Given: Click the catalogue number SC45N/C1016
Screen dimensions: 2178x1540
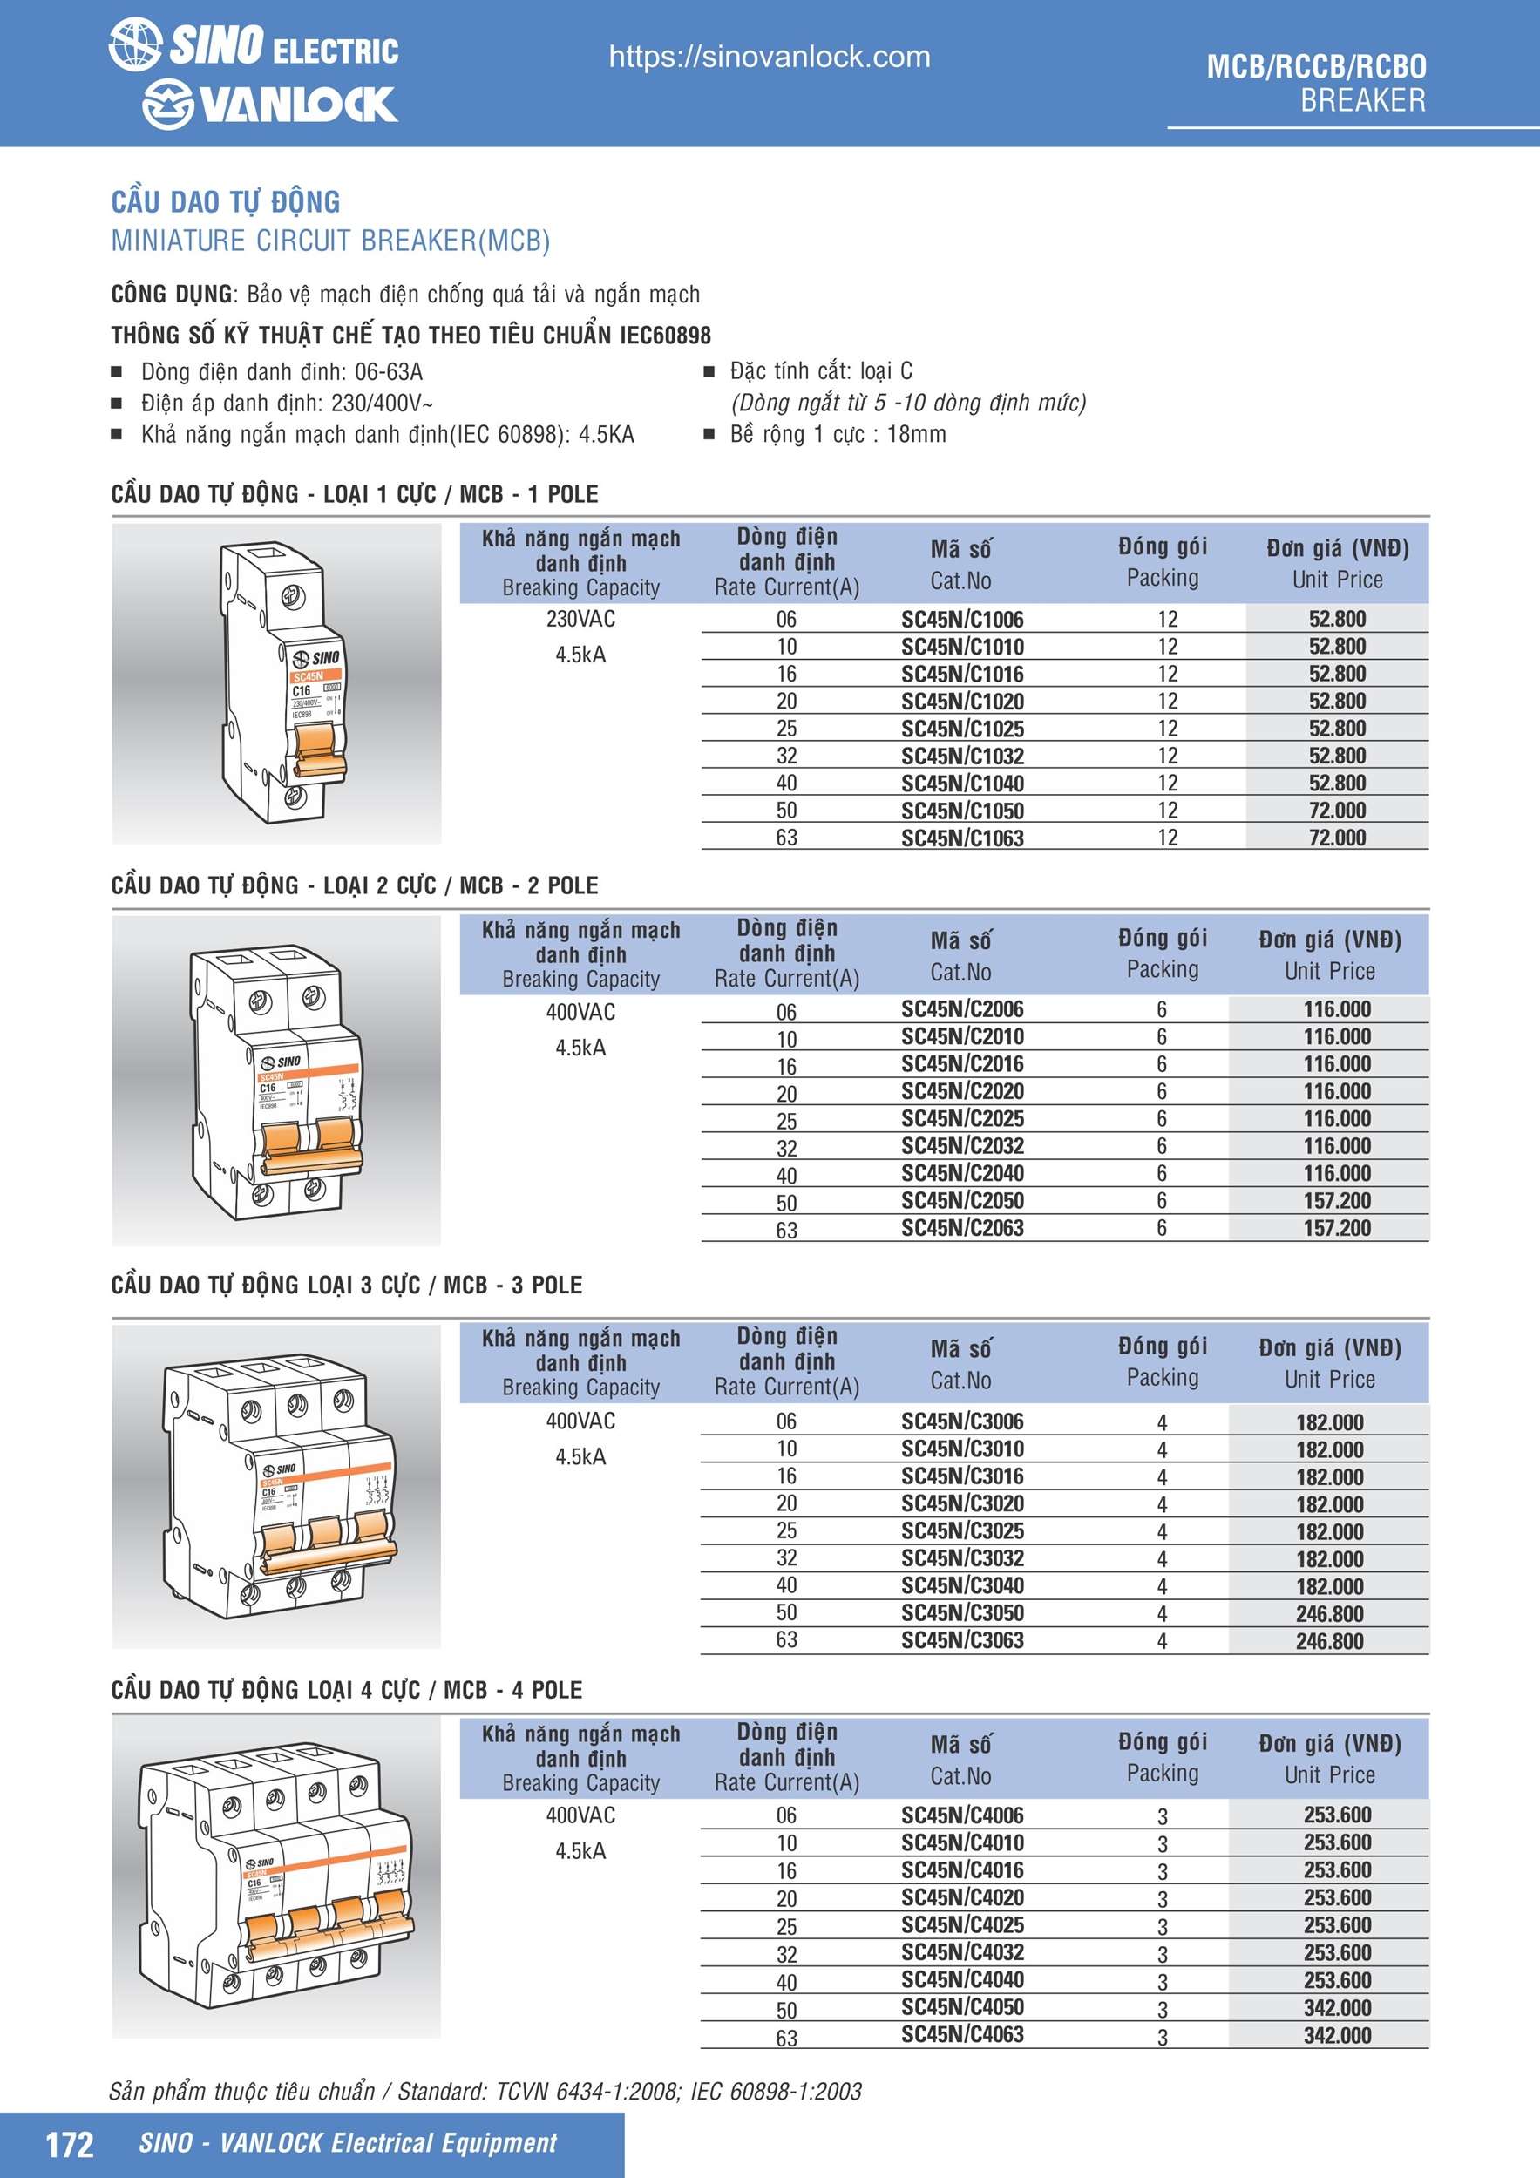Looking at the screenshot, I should point(962,675).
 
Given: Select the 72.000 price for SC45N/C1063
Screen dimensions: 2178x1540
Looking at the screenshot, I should point(1337,838).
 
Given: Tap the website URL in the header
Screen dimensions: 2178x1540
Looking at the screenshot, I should point(770,57).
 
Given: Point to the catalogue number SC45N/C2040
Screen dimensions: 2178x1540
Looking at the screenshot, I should point(962,1173).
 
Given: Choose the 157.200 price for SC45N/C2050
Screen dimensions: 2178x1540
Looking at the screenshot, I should point(1337,1201).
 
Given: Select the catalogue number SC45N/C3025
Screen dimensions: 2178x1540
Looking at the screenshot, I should point(962,1531).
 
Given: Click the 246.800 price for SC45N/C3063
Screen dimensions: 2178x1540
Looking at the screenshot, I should point(1329,1642).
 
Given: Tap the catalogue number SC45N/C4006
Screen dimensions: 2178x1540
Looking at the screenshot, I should point(962,1815).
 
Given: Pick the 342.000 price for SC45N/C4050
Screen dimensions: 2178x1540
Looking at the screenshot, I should point(1337,2008).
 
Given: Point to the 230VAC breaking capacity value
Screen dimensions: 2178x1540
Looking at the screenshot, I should point(580,620).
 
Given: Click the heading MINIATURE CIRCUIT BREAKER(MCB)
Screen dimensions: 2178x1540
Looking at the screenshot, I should point(330,241).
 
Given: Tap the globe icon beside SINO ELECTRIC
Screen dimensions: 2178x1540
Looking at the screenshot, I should point(135,44).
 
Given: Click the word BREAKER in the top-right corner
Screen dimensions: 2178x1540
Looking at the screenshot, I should point(1362,100).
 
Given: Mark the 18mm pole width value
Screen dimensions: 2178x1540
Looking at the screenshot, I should point(916,434).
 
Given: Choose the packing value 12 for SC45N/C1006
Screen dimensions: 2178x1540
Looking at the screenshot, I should point(1167,620).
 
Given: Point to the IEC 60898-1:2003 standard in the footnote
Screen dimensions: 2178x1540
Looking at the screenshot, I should point(777,2092).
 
